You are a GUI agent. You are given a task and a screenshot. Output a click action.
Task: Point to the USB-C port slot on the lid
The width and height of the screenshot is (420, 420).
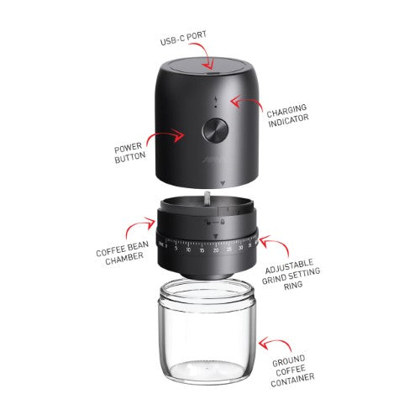(x=209, y=75)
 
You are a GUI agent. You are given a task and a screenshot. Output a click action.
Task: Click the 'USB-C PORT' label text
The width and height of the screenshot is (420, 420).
(x=183, y=40)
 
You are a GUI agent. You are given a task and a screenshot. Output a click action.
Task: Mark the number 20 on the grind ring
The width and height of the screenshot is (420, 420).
(x=216, y=250)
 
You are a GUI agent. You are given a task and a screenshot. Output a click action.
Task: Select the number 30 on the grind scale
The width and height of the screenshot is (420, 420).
(x=241, y=248)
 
